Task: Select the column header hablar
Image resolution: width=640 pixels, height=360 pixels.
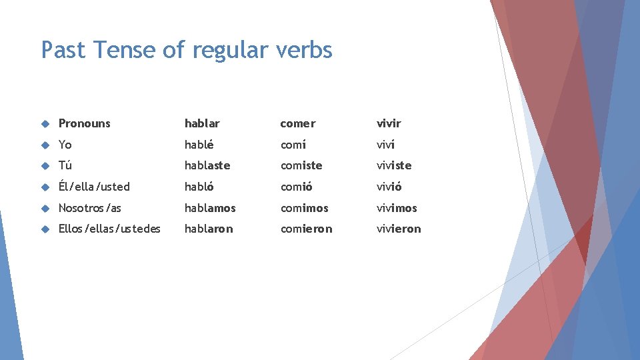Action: point(202,123)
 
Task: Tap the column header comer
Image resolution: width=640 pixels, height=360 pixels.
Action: point(297,123)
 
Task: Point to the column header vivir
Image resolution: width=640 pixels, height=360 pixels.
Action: point(389,123)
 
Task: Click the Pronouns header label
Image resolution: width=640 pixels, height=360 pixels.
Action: point(85,123)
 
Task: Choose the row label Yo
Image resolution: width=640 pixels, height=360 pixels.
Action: point(65,145)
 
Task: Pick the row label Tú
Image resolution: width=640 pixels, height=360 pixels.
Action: point(65,165)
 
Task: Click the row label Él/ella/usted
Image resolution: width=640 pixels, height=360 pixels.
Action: point(94,187)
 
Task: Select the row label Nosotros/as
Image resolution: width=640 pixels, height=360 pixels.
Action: point(90,208)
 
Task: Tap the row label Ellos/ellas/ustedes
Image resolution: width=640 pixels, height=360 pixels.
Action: point(109,229)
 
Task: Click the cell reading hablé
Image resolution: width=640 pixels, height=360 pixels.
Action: point(199,145)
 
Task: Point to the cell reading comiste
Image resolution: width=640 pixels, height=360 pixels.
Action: point(301,165)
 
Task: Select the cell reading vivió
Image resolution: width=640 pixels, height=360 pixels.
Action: point(389,187)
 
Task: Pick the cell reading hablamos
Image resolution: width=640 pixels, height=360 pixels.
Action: point(210,208)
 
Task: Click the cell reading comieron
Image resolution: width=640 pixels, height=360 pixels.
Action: point(306,229)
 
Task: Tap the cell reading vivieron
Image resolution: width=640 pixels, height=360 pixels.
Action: point(399,229)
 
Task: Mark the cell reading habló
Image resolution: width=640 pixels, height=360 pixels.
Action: point(199,187)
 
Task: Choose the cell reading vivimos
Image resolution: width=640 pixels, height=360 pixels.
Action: point(397,208)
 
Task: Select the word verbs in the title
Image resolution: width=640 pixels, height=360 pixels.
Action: point(300,50)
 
